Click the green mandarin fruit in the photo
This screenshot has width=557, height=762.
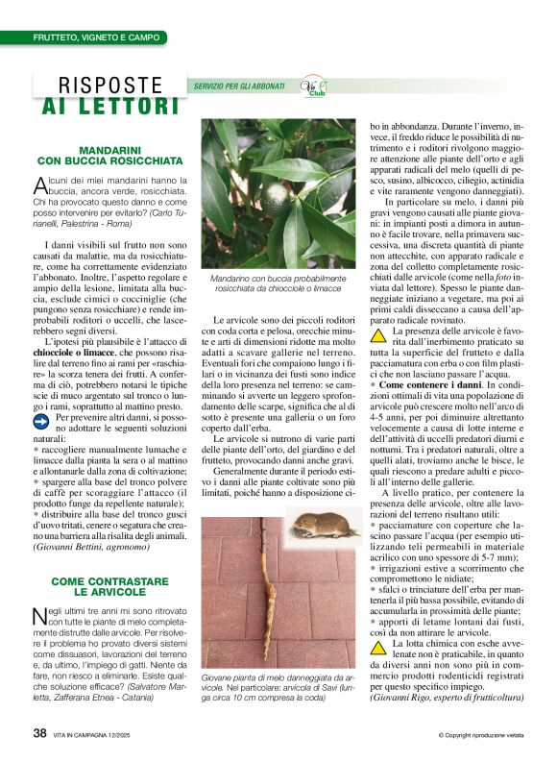point(277,197)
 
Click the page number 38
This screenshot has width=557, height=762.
point(40,733)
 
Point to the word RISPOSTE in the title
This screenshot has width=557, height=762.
point(110,85)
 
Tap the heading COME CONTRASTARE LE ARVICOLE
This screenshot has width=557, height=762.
point(109,587)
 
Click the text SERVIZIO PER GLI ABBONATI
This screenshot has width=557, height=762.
point(239,86)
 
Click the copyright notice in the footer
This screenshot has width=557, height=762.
point(480,735)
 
